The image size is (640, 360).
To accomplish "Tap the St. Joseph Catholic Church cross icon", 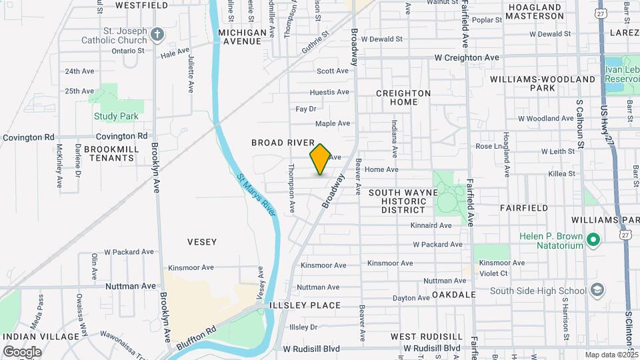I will pyautogui.click(x=157, y=34).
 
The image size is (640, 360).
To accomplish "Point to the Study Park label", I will pyautogui.click(x=116, y=116).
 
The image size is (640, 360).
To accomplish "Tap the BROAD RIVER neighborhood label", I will pyautogui.click(x=283, y=143).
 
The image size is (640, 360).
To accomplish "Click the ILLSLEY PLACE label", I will pyautogui.click(x=305, y=305).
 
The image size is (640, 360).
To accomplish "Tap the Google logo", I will pyautogui.click(x=22, y=351).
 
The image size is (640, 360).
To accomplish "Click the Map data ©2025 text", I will pyautogui.click(x=611, y=355).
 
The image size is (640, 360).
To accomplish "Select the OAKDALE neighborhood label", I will pyautogui.click(x=453, y=294).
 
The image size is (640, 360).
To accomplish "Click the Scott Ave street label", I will pyautogui.click(x=333, y=71).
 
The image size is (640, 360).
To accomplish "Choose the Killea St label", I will pyautogui.click(x=561, y=173).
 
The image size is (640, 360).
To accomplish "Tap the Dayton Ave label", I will pyautogui.click(x=411, y=298).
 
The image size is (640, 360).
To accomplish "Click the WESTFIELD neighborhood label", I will pyautogui.click(x=141, y=5).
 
